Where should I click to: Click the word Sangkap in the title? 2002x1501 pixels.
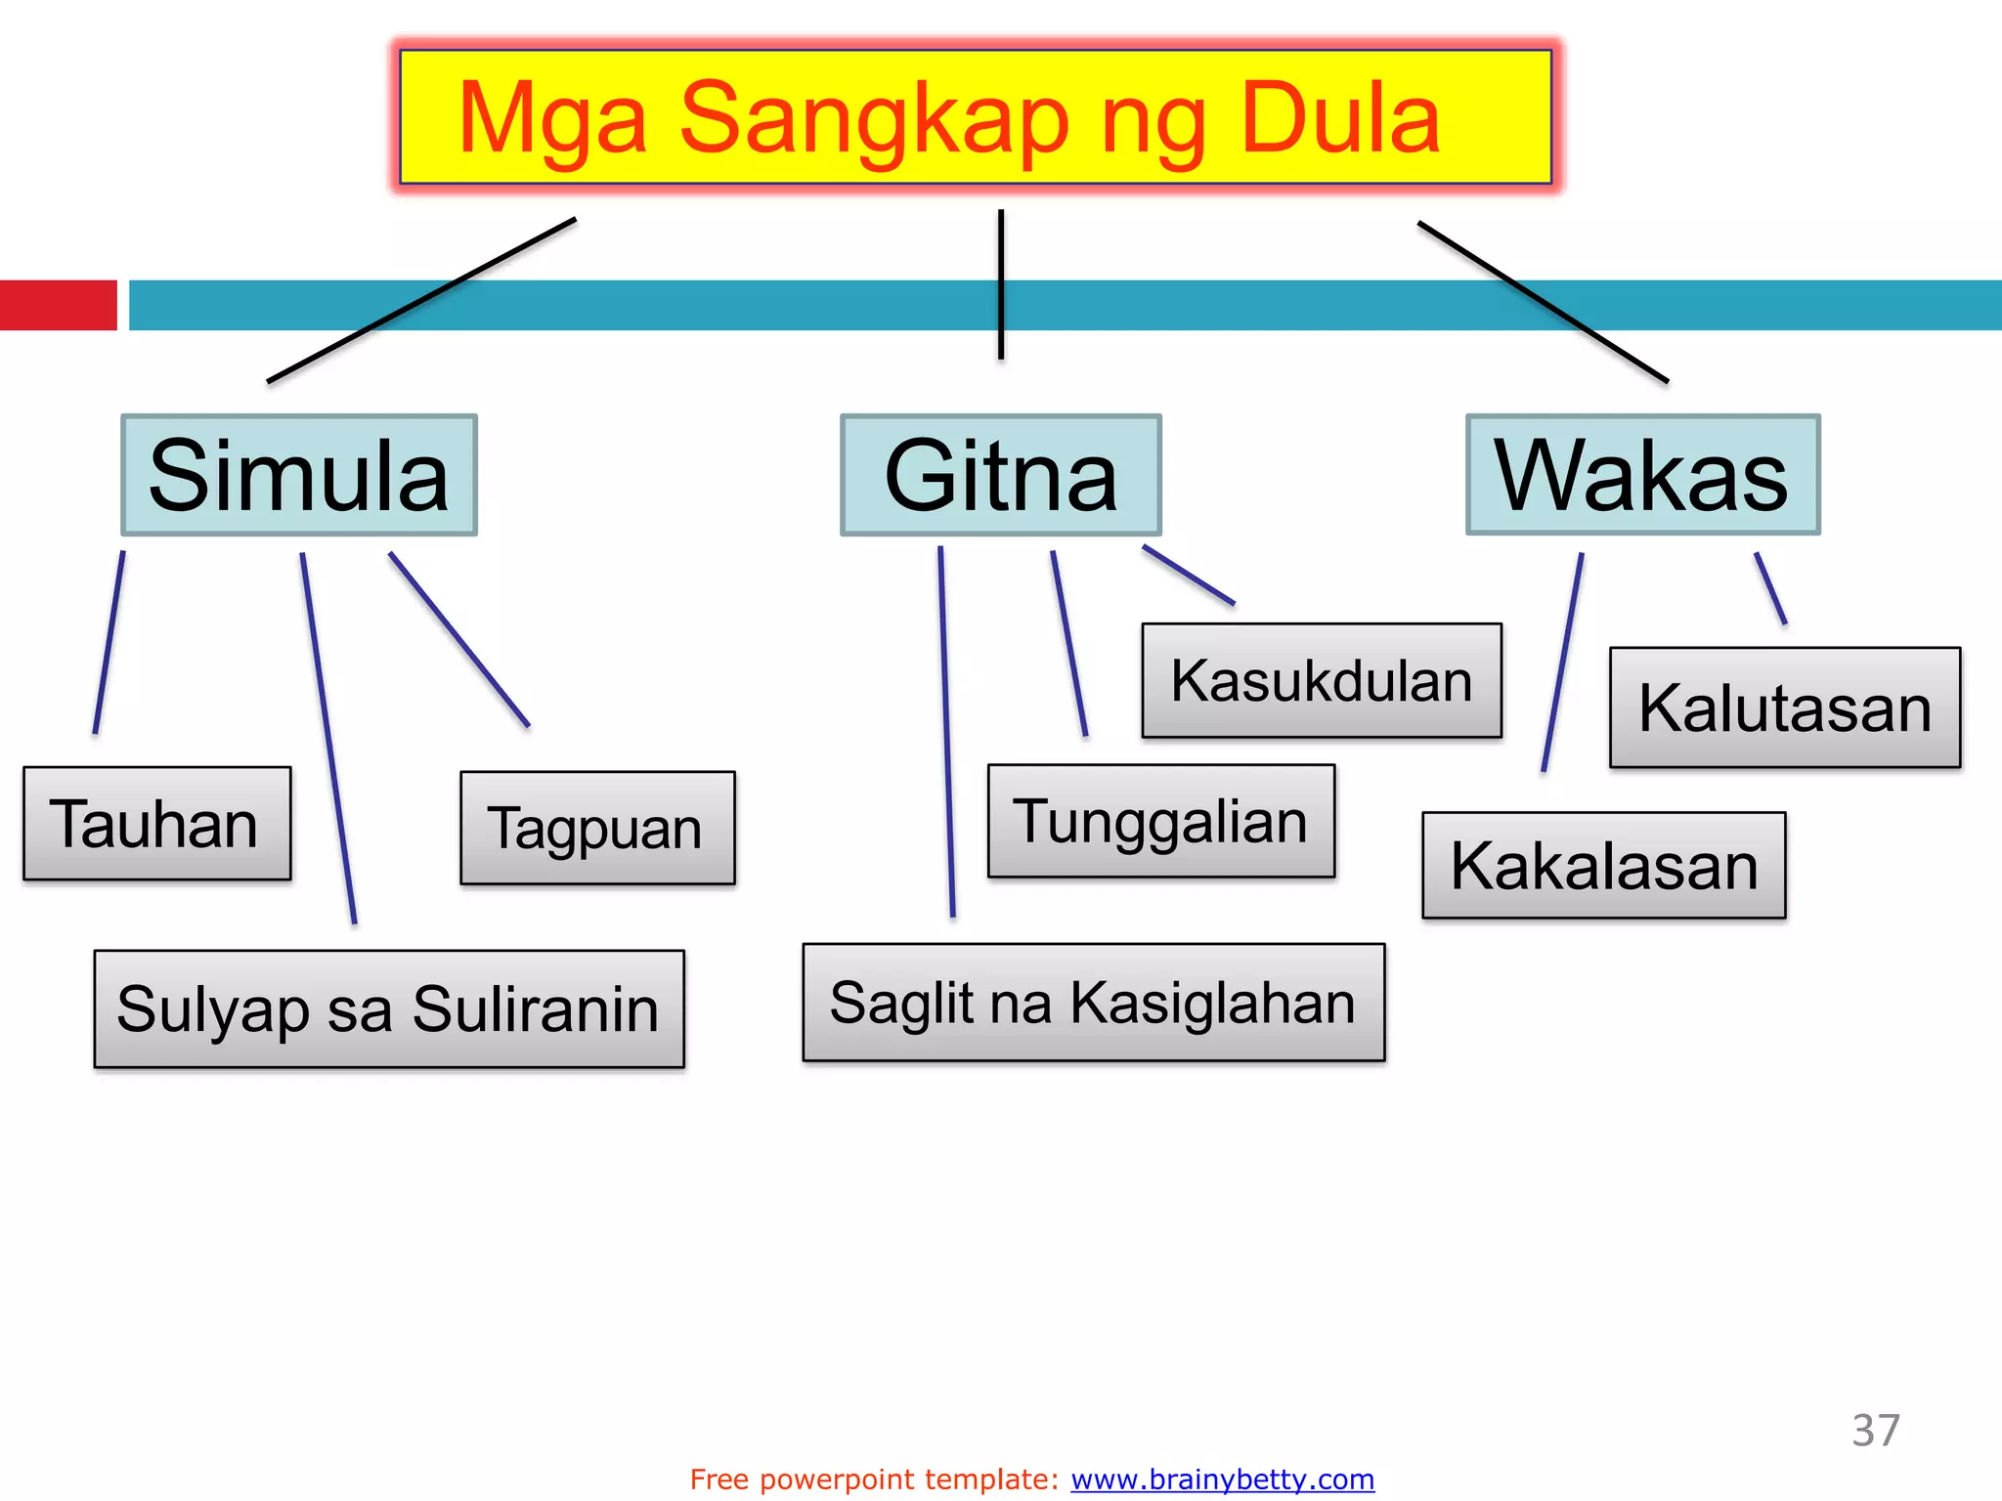tap(874, 120)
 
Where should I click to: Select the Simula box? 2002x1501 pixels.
tap(299, 475)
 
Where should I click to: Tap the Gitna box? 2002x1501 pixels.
tap(1001, 475)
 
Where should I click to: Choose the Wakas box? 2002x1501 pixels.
tap(1642, 475)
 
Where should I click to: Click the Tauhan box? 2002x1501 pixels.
tap(156, 824)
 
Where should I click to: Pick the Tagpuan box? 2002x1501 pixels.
tap(597, 829)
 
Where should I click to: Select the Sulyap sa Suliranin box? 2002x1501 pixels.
tap(389, 1009)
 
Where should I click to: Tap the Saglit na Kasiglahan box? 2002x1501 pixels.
tap(1094, 1003)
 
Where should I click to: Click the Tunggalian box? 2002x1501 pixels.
tap(1161, 821)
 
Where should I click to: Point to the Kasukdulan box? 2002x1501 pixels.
tap(1322, 680)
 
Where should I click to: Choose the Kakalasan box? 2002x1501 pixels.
tap(1603, 866)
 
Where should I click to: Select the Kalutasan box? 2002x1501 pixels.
tap(1785, 708)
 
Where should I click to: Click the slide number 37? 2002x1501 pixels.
tap(1875, 1431)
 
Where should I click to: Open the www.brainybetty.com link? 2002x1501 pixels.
tap(1222, 1480)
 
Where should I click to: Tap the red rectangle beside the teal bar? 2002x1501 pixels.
tap(59, 305)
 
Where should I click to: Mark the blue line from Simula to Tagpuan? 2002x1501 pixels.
tap(459, 640)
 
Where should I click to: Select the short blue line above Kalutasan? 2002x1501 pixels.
tap(1770, 588)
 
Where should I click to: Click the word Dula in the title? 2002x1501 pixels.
tap(1340, 120)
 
